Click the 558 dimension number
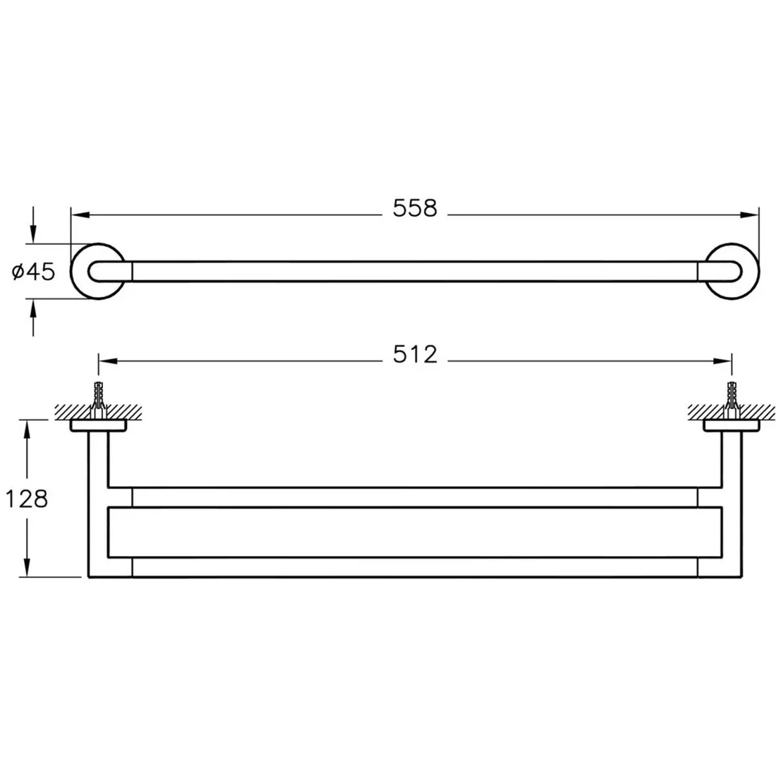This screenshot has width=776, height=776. tap(415, 208)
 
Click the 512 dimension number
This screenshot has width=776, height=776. tap(416, 354)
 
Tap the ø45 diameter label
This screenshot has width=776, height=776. tap(33, 272)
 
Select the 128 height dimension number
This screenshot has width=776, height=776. tap(26, 499)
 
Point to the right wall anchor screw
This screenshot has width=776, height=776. tap(732, 399)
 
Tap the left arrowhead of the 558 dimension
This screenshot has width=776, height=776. tap(80, 215)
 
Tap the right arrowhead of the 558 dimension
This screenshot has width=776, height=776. tap(749, 215)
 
